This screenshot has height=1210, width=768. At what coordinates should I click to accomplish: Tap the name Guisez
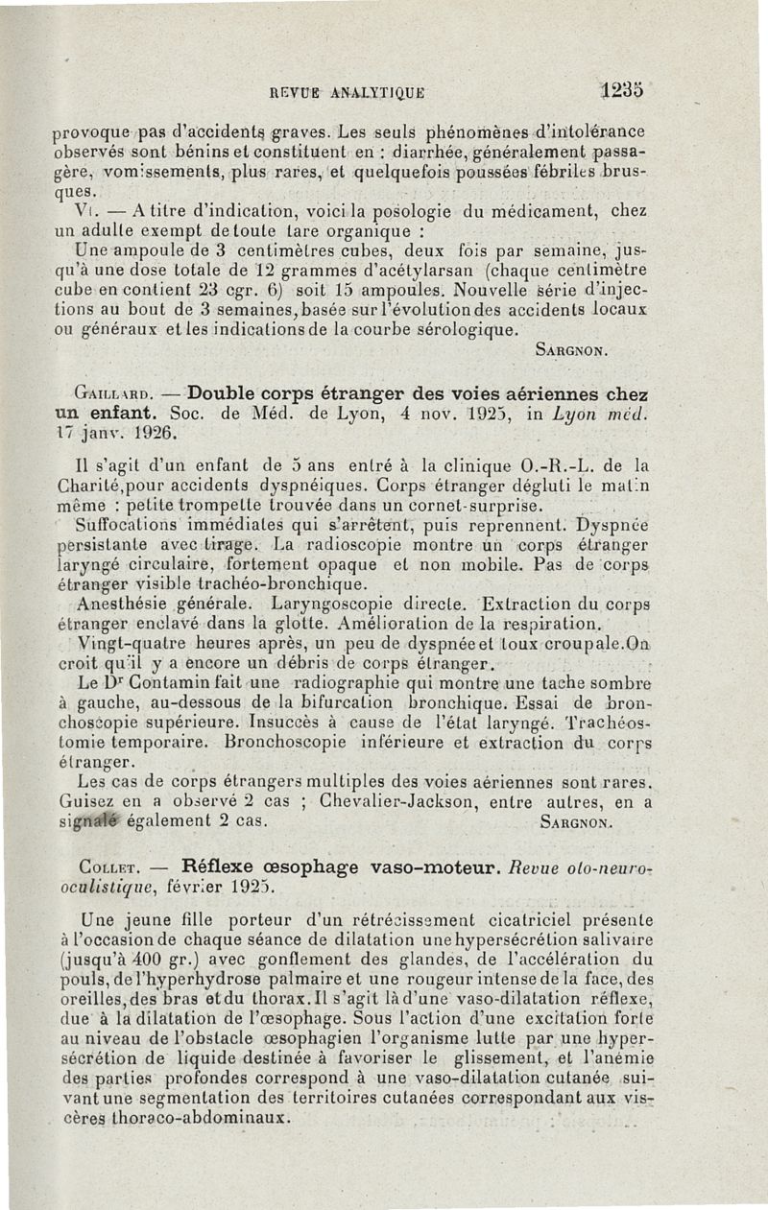[84, 802]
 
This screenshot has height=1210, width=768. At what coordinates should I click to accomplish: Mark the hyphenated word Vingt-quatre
[131, 643]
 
